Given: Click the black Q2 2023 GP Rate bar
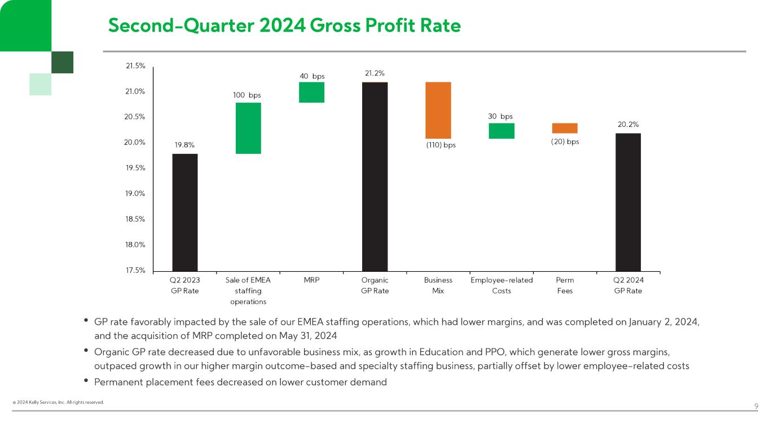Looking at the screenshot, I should [x=185, y=212].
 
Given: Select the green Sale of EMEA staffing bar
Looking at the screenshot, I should [x=248, y=128].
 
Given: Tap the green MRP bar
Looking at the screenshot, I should [x=311, y=92].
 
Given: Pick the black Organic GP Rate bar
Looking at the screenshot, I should [x=375, y=176].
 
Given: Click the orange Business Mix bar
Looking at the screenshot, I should [x=438, y=110].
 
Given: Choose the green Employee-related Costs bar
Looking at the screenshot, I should [x=501, y=131].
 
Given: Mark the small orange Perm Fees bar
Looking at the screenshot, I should [x=565, y=128].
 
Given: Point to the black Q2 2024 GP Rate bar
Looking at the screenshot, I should [x=628, y=202].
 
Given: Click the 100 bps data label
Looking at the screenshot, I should [x=247, y=95].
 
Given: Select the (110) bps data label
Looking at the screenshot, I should [x=441, y=145].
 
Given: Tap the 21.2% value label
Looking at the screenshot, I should [x=375, y=73].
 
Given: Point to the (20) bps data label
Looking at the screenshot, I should [x=565, y=142].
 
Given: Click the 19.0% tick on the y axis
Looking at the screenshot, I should [x=135, y=193].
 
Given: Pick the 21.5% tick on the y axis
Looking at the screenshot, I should [x=135, y=66].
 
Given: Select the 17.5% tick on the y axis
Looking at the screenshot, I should [x=135, y=270].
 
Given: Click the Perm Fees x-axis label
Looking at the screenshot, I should [x=565, y=285].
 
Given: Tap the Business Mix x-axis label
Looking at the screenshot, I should [x=438, y=285].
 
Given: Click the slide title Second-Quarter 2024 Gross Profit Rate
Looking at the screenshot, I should [x=284, y=25].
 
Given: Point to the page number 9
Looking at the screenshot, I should [x=756, y=407].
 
